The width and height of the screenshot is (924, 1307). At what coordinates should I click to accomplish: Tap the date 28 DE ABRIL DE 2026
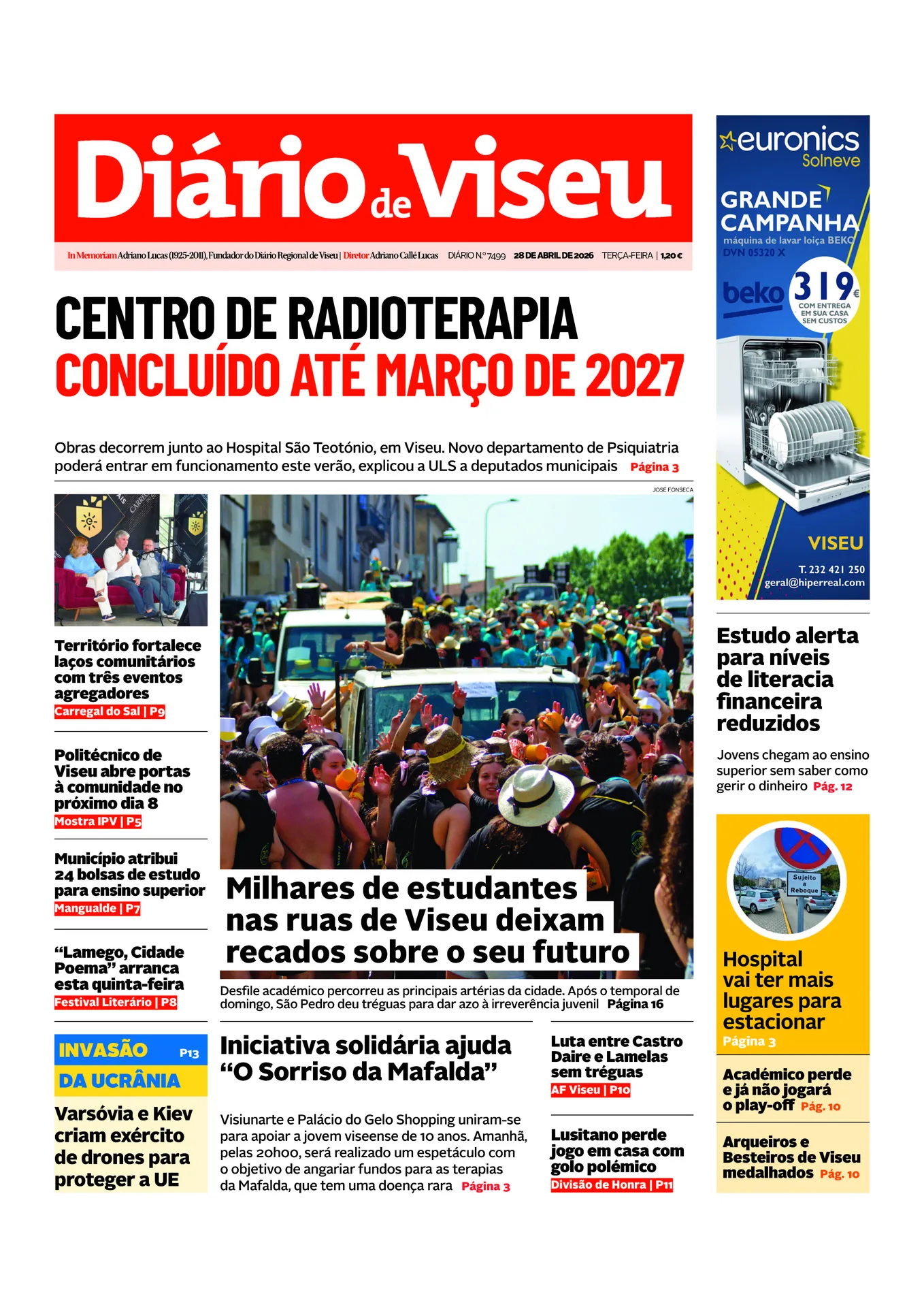point(553,255)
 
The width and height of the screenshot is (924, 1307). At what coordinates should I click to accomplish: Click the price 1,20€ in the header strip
point(671,255)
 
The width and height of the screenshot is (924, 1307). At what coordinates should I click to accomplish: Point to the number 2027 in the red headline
point(634,376)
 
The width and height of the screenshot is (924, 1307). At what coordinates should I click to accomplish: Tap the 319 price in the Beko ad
point(824,286)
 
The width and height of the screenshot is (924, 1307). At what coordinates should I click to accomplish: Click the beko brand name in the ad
point(752,293)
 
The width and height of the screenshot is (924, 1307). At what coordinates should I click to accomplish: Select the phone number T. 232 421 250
point(831,569)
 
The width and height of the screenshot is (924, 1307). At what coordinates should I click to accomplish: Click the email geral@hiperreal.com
point(814,583)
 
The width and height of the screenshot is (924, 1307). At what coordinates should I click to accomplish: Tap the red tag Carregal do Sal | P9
point(110,711)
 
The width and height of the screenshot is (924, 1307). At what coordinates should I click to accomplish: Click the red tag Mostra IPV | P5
point(98,822)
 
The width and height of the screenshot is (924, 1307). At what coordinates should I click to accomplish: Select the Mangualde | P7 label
point(97,909)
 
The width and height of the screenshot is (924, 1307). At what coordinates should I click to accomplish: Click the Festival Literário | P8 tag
point(116,1002)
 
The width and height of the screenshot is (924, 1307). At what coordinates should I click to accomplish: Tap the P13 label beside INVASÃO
point(189,1053)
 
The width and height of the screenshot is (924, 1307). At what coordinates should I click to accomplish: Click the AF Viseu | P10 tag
point(591,1090)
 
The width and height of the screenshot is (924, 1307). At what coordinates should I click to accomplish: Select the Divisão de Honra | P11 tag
point(612,1185)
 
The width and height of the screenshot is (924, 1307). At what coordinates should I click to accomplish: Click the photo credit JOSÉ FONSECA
point(672,489)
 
